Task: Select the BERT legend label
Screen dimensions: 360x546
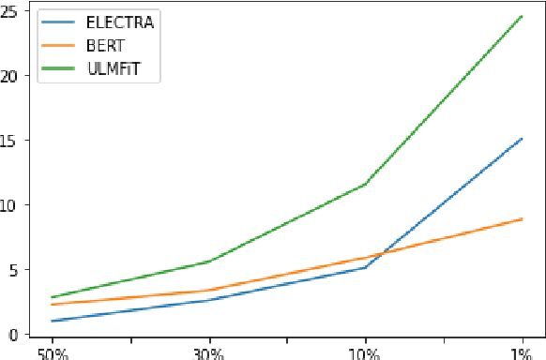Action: pos(103,45)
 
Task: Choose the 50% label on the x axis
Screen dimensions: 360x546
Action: pos(53,353)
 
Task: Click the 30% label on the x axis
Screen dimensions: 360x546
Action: pos(208,353)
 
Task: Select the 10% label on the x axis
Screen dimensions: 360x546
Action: pos(365,353)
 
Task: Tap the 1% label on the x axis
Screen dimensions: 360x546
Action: pos(522,353)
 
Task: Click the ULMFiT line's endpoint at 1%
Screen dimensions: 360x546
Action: pos(522,16)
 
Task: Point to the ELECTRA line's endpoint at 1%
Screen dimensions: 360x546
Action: pos(522,139)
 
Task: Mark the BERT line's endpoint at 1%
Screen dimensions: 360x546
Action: pos(522,218)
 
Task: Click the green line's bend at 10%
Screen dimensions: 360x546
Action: pos(365,184)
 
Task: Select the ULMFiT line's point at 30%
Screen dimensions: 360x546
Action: pos(208,262)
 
